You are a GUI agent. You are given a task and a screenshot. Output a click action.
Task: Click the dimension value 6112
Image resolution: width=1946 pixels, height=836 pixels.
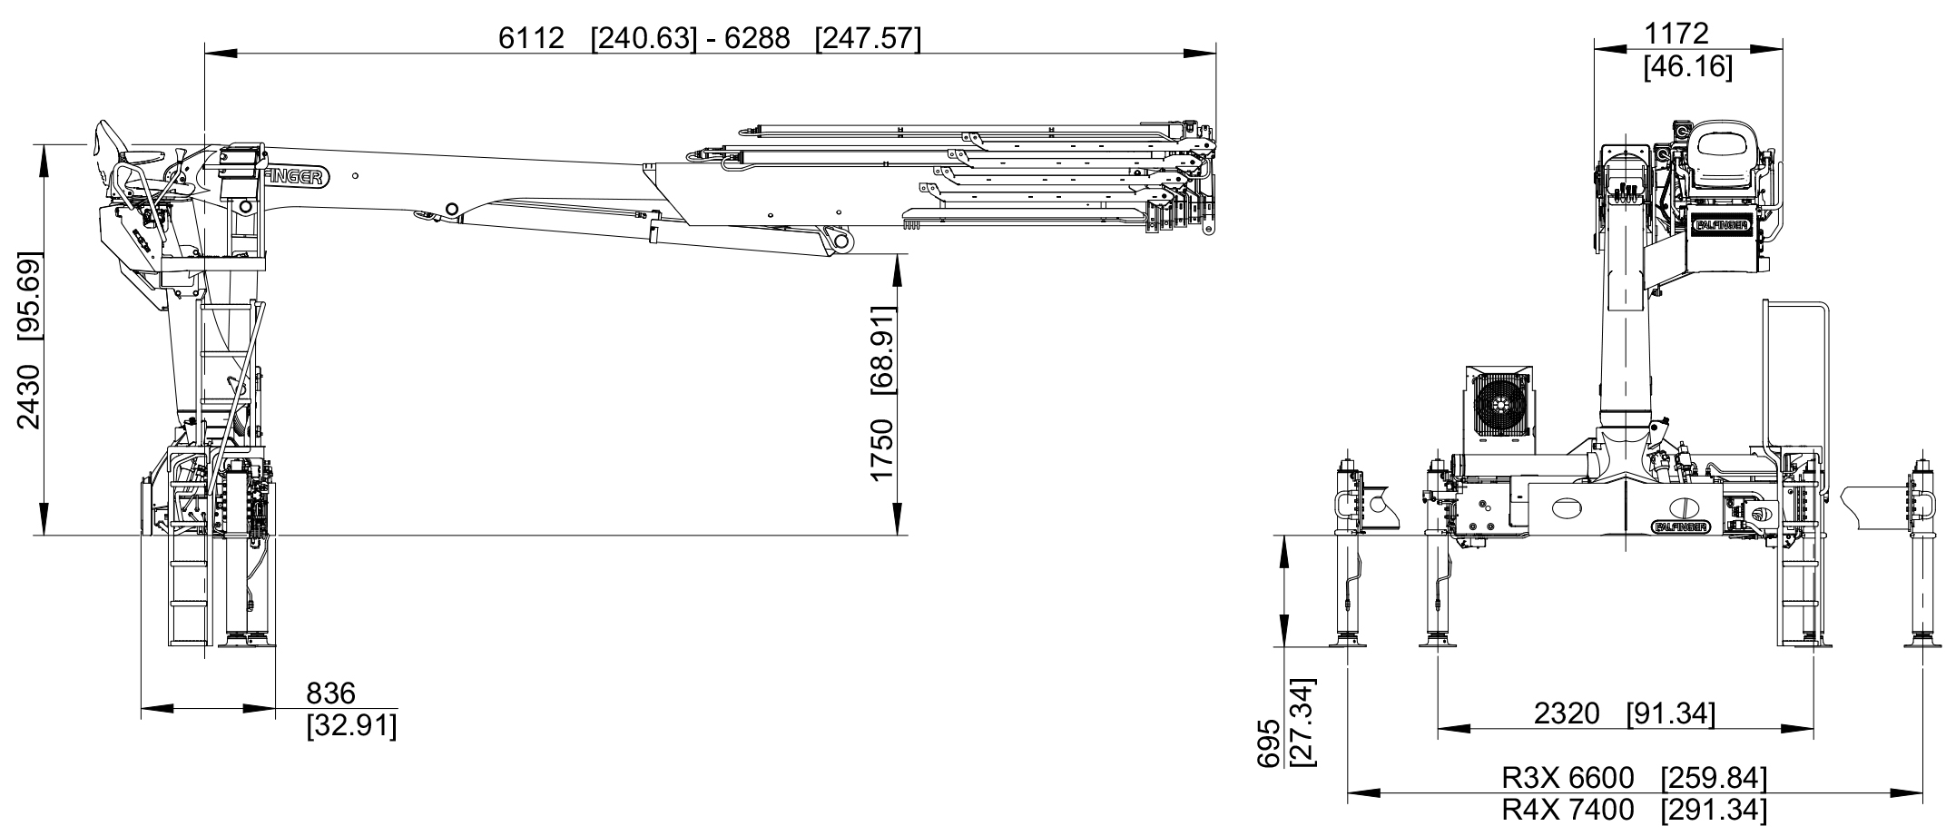pyautogui.click(x=532, y=38)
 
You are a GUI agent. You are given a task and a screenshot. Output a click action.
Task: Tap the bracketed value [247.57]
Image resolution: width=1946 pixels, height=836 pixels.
pyautogui.click(x=868, y=38)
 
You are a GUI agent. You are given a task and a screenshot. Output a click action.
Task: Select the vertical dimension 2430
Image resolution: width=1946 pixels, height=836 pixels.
pyautogui.click(x=30, y=397)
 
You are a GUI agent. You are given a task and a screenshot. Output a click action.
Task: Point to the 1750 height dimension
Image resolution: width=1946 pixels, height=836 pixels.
pyautogui.click(x=882, y=451)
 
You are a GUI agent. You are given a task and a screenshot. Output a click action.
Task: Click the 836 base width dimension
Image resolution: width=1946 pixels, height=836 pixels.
pyautogui.click(x=330, y=693)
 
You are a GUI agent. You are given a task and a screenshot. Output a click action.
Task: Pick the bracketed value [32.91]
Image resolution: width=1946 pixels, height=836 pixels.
pyautogui.click(x=351, y=726)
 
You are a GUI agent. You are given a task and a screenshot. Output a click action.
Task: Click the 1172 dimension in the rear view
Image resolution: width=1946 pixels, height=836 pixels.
pyautogui.click(x=1676, y=34)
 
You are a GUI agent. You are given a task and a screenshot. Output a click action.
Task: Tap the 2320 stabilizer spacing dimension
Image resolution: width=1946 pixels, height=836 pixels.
pyautogui.click(x=1568, y=713)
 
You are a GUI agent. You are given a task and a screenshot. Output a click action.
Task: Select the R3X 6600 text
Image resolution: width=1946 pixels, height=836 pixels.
pyautogui.click(x=1568, y=778)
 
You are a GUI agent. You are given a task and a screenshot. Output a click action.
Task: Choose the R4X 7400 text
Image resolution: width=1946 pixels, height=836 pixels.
pyautogui.click(x=1568, y=809)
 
